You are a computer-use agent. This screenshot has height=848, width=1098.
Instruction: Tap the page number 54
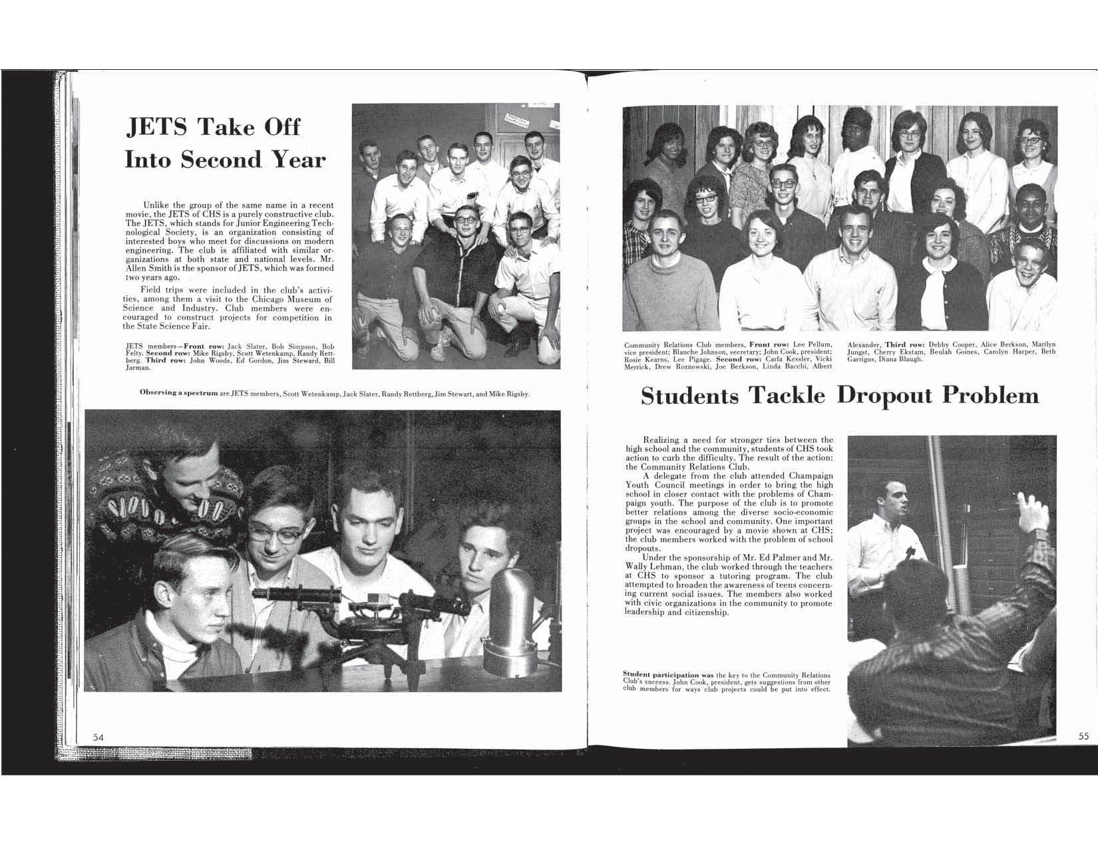tap(98, 736)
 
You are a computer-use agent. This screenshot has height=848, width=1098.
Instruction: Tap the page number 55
tap(1083, 736)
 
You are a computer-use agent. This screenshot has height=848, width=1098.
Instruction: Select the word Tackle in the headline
tap(787, 396)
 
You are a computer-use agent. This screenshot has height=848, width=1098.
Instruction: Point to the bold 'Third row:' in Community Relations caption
tap(904, 344)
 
